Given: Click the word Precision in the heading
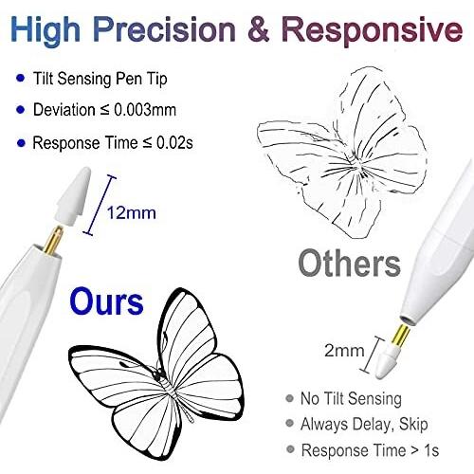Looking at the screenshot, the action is (x=164, y=29).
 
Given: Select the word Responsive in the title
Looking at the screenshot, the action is (x=373, y=31).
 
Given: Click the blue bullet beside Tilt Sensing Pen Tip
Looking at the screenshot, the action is (x=21, y=78).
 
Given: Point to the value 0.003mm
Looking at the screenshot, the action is (x=145, y=110).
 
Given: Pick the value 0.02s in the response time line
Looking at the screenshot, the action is (x=174, y=143).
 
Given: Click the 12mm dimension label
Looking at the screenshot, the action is (x=132, y=212).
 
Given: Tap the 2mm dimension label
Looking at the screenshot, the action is (x=344, y=351).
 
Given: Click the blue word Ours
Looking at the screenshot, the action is (x=106, y=302).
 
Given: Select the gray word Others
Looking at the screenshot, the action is (x=349, y=264).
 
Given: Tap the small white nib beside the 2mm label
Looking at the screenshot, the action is (x=387, y=362).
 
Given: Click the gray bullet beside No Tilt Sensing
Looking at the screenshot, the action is (x=289, y=398).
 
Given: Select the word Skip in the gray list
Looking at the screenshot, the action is (x=413, y=425).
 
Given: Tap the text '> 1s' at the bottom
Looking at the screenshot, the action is (x=425, y=450).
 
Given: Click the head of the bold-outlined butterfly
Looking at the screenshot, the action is (x=157, y=375).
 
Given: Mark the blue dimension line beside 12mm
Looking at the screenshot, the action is (x=100, y=206).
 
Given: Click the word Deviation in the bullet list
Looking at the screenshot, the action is (x=64, y=110).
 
